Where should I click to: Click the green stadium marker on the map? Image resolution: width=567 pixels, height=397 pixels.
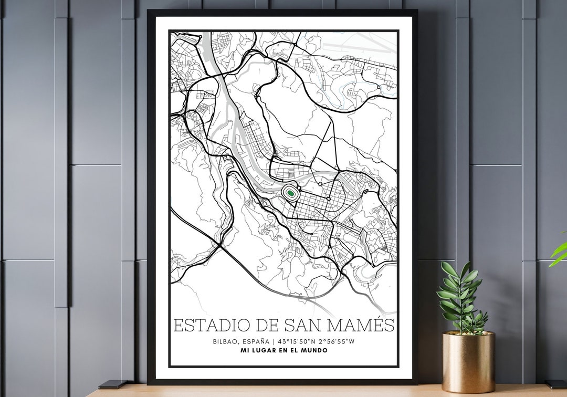click(x=289, y=193)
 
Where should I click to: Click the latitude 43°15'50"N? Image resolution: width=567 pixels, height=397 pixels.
click(x=298, y=341)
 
